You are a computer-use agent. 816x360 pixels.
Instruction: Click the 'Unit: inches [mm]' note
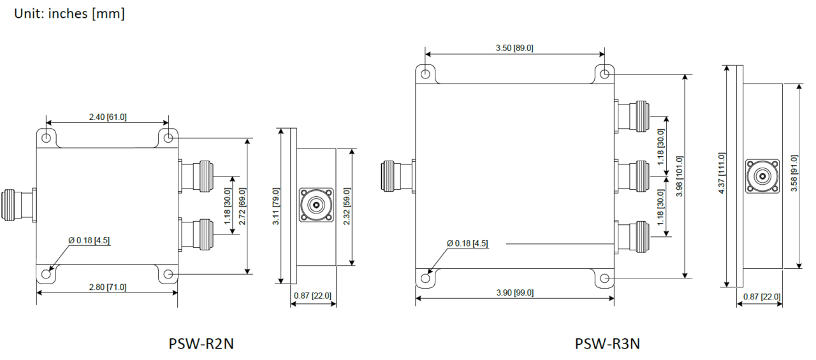(69, 13)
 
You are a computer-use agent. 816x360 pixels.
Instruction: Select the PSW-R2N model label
(201, 343)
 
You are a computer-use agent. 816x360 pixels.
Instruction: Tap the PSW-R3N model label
(607, 343)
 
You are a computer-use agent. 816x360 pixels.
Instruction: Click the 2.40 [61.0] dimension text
(106, 117)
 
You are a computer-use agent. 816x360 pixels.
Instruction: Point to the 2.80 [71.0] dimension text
(106, 287)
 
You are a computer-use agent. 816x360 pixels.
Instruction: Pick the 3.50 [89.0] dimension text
(514, 48)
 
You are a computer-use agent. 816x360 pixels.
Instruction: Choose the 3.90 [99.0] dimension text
(514, 292)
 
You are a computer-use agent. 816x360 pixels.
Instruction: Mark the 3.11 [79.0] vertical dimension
(275, 206)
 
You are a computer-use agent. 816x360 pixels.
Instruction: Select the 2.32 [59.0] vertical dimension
(347, 206)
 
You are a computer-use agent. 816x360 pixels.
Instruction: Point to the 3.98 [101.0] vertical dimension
(680, 176)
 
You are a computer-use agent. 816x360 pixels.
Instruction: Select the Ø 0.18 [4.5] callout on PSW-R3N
(467, 243)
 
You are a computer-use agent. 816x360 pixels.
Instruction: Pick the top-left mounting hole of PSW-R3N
(425, 73)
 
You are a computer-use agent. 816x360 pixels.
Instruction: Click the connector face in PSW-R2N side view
(316, 205)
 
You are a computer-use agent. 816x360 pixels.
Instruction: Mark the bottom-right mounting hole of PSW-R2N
(168, 275)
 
